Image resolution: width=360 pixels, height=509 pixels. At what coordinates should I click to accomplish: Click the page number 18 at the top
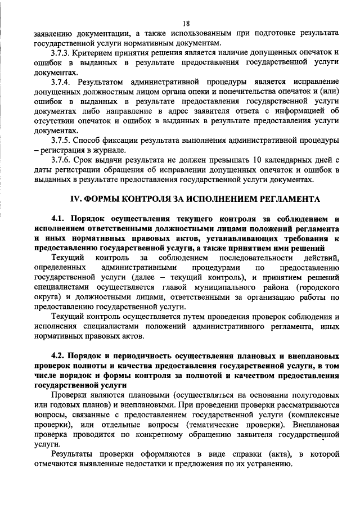click(x=186, y=23)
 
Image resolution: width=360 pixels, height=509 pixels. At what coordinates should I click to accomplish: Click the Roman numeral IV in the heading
click(x=76, y=199)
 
